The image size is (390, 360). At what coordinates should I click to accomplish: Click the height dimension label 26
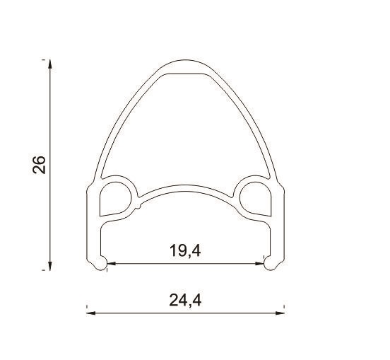tap(39, 165)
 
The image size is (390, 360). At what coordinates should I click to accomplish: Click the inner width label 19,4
tap(185, 250)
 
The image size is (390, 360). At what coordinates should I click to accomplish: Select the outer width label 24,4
tap(185, 301)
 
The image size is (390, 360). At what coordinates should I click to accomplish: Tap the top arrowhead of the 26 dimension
tap(50, 64)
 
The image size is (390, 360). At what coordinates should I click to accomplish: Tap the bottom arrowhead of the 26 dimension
tap(50, 266)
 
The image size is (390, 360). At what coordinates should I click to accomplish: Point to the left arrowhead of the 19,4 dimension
tap(112, 263)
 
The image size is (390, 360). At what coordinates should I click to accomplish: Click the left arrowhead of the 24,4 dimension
tap(90, 313)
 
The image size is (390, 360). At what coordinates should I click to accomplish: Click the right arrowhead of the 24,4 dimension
tap(280, 313)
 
